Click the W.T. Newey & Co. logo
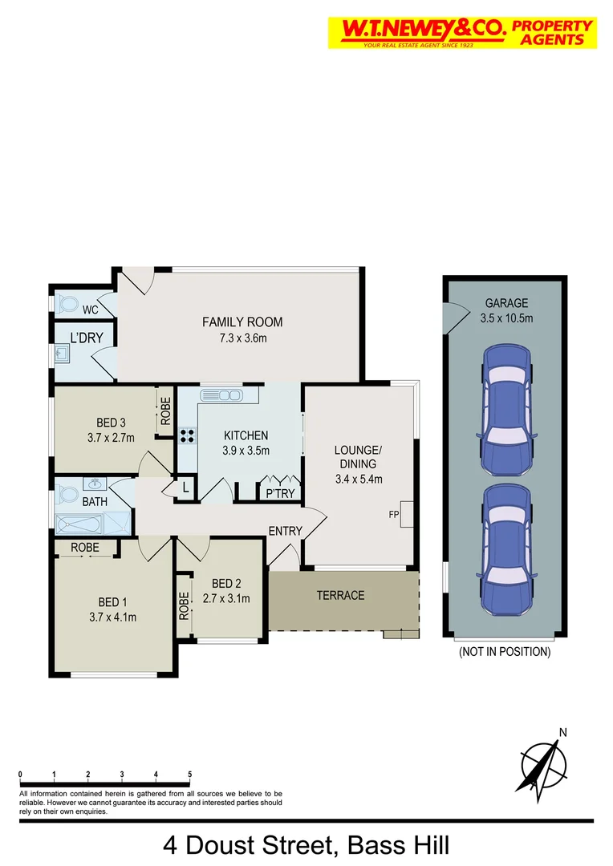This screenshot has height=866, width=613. tap(461, 32)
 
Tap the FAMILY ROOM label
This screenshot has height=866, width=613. tap(242, 322)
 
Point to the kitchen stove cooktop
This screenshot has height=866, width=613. tap(187, 437)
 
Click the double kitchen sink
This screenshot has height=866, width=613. tap(221, 395)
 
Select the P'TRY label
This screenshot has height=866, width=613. tap(281, 494)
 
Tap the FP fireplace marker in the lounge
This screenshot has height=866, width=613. tap(395, 513)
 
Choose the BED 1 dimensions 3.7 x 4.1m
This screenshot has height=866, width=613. tap(112, 617)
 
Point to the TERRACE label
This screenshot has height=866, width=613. tap(340, 595)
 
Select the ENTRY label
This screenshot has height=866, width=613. tap(285, 531)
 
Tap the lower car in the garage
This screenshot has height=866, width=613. tap(506, 548)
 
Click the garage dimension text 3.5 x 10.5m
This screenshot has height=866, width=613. tap(506, 318)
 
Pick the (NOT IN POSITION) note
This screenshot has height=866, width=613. tap(505, 652)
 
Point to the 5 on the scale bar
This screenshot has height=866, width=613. tap(189, 774)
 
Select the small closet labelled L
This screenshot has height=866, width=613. tap(185, 488)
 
